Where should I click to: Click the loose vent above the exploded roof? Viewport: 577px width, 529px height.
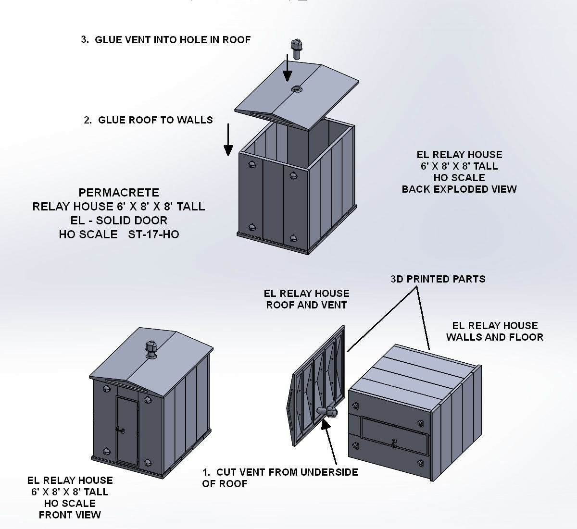296,49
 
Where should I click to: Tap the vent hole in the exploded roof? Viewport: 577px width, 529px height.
296,88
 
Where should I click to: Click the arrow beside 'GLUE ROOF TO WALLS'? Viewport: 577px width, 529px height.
228,140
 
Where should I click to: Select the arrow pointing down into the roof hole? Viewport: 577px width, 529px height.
288,68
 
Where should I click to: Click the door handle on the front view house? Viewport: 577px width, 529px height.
120,430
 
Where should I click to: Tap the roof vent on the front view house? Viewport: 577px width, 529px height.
151,350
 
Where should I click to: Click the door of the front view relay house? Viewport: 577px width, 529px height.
127,431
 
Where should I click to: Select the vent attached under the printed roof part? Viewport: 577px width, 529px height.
327,412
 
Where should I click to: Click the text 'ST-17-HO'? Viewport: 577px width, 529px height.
153,234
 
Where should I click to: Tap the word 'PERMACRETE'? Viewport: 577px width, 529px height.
119,192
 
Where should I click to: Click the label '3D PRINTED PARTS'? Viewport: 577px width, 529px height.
438,279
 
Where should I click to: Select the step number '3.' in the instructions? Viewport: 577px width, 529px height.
85,39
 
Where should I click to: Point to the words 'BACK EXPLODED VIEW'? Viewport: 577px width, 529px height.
459,189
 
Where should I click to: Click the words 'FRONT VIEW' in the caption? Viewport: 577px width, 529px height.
70,515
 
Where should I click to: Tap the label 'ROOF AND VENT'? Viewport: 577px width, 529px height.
306,305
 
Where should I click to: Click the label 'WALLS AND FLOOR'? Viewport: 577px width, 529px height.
495,337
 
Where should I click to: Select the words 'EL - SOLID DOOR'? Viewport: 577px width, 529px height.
119,220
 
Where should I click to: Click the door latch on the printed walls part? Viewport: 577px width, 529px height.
394,443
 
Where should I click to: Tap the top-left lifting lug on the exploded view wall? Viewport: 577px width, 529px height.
252,164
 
